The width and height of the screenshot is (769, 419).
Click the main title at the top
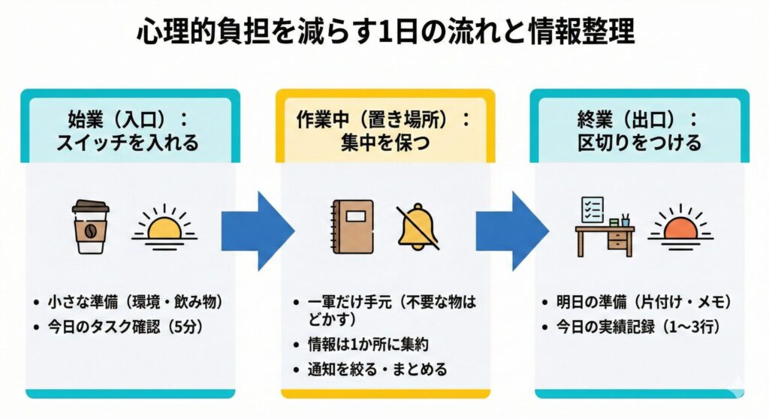coord(384,33)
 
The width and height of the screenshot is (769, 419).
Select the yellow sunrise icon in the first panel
coord(164,225)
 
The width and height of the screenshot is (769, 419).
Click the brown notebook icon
coord(352,226)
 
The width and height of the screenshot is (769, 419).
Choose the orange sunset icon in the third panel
coord(680,225)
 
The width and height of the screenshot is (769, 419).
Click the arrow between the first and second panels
coord(256,229)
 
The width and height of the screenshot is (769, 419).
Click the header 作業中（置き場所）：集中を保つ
coord(384,131)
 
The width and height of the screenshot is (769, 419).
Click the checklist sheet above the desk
coord(593,209)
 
